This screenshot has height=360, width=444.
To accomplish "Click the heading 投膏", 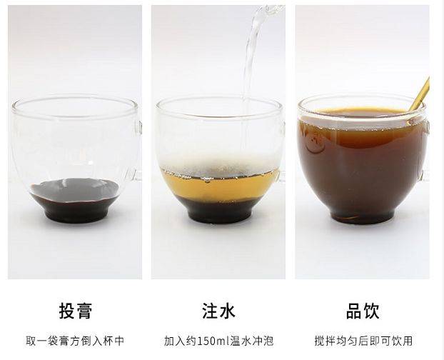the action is [76, 311].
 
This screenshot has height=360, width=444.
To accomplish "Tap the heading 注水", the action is [218, 311].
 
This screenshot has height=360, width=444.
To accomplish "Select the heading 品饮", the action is [363, 311].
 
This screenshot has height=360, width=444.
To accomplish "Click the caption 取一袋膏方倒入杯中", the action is [75, 341].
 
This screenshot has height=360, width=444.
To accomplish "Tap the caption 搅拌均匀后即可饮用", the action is [363, 341].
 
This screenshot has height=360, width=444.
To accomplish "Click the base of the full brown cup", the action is [363, 216].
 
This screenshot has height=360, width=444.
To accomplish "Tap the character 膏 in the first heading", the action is [84, 311].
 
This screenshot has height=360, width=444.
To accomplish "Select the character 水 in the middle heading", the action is [228, 311].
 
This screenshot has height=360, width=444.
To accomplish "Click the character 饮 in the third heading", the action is [371, 311].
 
